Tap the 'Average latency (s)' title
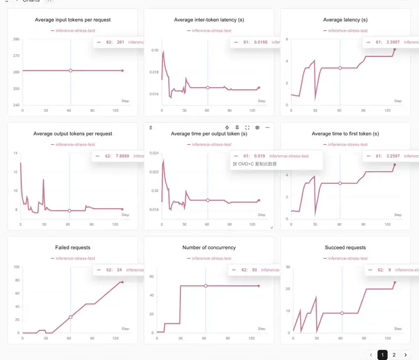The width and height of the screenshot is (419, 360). [x=345, y=20]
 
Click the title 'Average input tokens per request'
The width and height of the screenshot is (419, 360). [x=72, y=20]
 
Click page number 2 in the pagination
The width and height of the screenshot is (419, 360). [x=394, y=355]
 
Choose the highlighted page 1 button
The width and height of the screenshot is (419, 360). [x=382, y=355]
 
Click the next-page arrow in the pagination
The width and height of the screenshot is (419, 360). [x=406, y=355]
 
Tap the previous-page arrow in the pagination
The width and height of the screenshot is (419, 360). [x=371, y=355]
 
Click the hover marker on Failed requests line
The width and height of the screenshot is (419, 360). [x=70, y=317]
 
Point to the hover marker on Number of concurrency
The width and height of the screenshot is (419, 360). [x=205, y=286]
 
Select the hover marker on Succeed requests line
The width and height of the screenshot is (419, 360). [x=342, y=313]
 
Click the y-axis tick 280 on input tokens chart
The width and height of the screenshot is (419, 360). [x=16, y=39]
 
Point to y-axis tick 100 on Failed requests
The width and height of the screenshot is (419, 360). [x=16, y=267]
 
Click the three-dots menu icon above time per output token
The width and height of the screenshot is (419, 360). [x=268, y=127]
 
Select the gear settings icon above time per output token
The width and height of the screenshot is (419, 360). [x=258, y=127]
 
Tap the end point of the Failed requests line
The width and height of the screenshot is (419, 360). [x=122, y=282]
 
